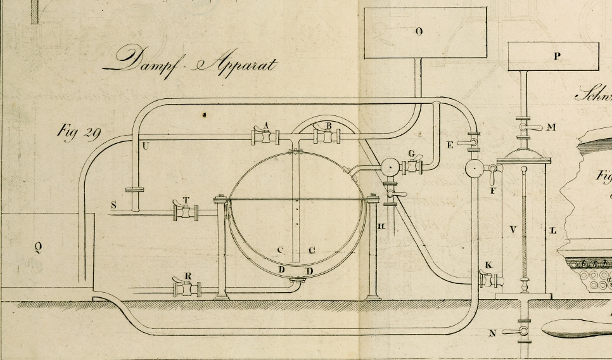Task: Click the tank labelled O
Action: (x=425, y=32)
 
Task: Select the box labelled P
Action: (x=554, y=56)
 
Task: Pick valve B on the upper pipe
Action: (x=328, y=135)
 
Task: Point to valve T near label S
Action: (x=185, y=212)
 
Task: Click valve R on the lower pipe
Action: (x=187, y=289)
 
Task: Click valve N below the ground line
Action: (x=523, y=332)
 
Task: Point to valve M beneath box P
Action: (x=523, y=127)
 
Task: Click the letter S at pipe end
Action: (x=113, y=205)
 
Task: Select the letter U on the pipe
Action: (x=146, y=146)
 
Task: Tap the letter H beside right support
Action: (x=381, y=226)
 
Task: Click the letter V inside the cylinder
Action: (x=512, y=229)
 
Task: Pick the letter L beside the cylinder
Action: (x=553, y=230)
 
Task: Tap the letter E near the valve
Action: (x=450, y=145)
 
